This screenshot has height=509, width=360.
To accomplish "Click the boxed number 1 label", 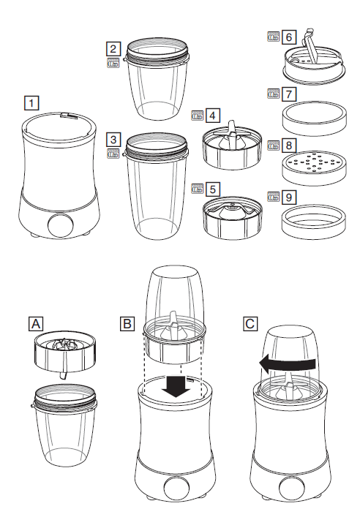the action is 31,103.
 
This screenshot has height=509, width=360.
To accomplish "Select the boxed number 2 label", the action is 113,49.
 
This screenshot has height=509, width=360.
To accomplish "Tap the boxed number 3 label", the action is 113,140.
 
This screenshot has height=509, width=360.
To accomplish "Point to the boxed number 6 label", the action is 289,37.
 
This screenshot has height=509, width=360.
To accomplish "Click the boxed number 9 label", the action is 289,197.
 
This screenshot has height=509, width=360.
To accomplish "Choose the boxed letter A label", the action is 36,324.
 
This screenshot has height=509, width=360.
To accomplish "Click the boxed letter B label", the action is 127,324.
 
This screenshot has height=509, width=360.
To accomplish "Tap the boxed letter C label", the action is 250,324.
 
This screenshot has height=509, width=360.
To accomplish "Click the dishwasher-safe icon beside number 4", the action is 198,116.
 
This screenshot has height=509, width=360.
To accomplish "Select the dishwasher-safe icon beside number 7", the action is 274,94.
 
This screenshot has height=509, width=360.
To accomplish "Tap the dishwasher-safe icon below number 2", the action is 113,63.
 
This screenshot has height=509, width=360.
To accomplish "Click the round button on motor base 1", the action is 61,225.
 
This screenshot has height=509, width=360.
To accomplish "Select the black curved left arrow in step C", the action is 288,363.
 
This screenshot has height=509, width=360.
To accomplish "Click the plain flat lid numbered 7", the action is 314,118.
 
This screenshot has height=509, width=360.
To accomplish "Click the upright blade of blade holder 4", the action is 232,132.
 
